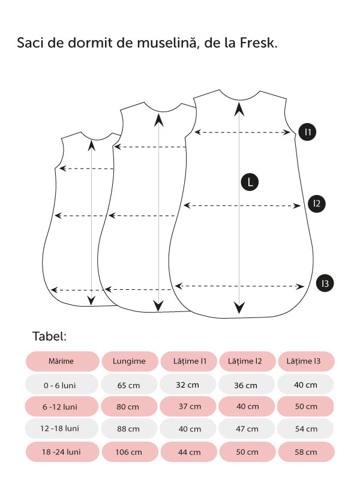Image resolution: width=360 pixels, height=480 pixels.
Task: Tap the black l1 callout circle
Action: coord(307,131)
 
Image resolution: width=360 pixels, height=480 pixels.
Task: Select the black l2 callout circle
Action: coord(316,204)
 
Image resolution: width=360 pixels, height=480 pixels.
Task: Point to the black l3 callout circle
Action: coord(325,283)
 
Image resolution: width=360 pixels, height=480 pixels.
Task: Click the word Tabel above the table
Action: coord(49,336)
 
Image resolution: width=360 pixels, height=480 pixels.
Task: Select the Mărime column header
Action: coord(61,361)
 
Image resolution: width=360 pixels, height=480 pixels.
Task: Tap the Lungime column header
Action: coord(128,361)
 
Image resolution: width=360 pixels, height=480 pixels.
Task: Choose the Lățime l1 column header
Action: coord(189,361)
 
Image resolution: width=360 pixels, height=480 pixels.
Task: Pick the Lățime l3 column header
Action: coord(306,361)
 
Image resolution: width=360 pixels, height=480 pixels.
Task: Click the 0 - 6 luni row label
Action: coord(61,384)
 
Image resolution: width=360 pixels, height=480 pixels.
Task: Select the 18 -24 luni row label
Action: coord(61,451)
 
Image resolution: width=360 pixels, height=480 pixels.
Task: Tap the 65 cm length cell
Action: coord(128,385)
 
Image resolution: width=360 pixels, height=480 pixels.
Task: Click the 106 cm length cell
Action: coord(128,452)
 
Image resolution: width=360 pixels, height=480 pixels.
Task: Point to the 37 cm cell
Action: coord(189,406)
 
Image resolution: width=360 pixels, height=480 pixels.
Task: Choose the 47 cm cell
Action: coord(247,429)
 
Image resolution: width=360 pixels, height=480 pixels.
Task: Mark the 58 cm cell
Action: coord(306,452)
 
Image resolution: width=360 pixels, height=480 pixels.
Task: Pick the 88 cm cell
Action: coord(128,429)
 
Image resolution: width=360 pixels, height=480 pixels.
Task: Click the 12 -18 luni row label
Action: coord(61,428)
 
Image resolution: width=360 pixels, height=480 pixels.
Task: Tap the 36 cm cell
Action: coord(247,385)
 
